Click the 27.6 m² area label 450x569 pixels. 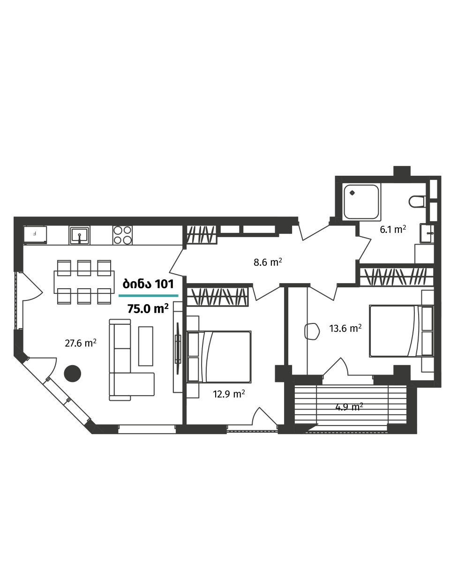click(81, 343)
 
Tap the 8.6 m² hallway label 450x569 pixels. click(268, 262)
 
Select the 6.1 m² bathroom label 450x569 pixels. click(392, 230)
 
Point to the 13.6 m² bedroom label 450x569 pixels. click(345, 329)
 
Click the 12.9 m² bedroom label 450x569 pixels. click(229, 394)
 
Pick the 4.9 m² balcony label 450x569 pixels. click(349, 407)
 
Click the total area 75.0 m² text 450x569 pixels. click(148, 309)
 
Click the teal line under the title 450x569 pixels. click(148, 296)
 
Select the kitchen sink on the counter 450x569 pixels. click(80, 234)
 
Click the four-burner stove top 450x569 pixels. click(122, 235)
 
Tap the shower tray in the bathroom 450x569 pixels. click(361, 202)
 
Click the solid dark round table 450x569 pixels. click(72, 374)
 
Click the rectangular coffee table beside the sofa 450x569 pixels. click(146, 346)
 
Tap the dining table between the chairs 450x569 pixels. click(84, 282)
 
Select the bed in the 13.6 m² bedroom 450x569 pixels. click(398, 330)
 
